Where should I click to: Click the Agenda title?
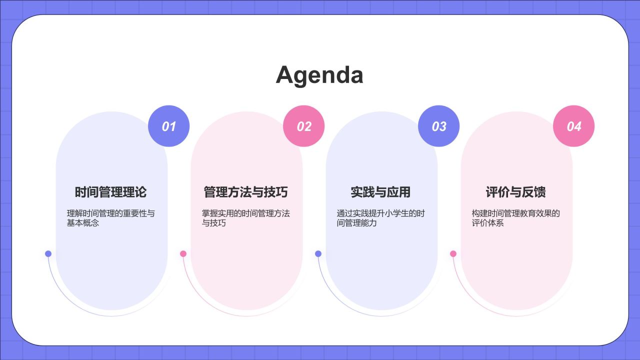point(319,75)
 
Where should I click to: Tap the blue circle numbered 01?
point(168,126)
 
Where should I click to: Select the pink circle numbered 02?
point(304,126)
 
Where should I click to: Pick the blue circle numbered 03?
point(438,126)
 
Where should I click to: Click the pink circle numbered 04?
point(573,126)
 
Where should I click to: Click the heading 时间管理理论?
point(110,192)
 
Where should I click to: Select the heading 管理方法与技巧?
point(245,192)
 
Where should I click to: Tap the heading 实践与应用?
point(380,192)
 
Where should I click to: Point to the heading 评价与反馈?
point(515,192)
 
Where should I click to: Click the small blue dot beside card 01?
point(48,253)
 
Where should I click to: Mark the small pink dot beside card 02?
point(183,253)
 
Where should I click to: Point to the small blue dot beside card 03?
point(318,253)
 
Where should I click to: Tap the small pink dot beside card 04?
point(453,253)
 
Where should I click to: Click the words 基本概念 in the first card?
point(83,223)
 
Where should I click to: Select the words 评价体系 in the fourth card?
point(488,223)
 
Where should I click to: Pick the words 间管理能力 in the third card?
point(357,223)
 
